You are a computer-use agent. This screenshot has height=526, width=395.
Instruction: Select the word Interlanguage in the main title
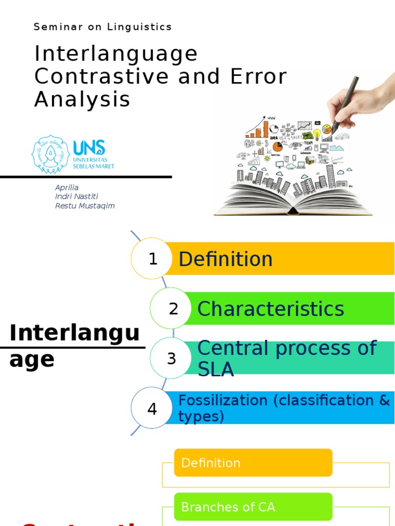(116, 54)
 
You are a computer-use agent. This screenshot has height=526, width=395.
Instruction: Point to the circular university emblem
(50, 154)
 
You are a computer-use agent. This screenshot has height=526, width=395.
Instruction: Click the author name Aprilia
(67, 187)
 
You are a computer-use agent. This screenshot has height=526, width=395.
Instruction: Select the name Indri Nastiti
(76, 197)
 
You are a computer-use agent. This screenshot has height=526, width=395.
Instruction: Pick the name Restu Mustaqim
(85, 206)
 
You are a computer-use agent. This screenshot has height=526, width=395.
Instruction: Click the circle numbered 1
(152, 259)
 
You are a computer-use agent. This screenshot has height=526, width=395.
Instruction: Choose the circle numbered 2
(173, 309)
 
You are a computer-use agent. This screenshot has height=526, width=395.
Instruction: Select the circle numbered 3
(171, 358)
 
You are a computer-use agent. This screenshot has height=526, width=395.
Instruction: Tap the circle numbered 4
(152, 409)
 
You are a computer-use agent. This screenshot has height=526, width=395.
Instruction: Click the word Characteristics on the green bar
(271, 309)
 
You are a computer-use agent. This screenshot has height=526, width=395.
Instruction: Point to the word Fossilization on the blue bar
(223, 401)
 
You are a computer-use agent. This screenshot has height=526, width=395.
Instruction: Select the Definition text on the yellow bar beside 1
(225, 259)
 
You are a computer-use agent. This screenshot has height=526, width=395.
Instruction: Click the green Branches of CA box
(253, 507)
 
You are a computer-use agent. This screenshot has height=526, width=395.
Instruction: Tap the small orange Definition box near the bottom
(253, 463)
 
